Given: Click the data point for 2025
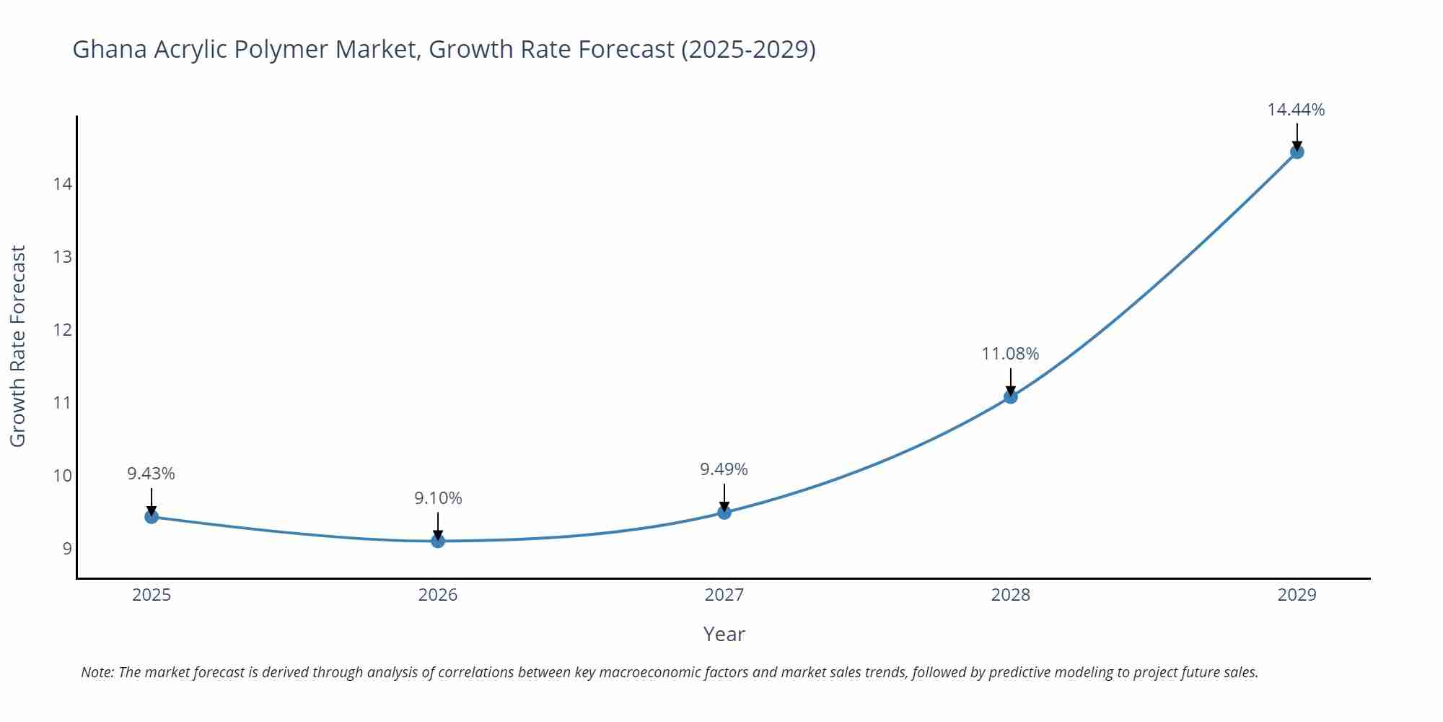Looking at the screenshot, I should coord(152,517).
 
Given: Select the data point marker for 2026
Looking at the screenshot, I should coord(438,541).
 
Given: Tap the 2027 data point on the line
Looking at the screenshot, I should coord(724,513).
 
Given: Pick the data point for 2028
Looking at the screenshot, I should coord(1010,396).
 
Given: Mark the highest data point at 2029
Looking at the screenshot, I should coord(1297,152).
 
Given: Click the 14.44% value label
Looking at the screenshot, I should coord(1296,110).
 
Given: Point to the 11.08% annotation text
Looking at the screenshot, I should coord(1010,354).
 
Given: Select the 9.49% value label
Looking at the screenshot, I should coord(724,469).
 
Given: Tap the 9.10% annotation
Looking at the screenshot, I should coord(438,498).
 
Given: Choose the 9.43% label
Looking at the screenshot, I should coord(151,474).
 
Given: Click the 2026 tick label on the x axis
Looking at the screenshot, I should coord(438,595).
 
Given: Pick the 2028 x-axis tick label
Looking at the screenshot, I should coord(1010,595).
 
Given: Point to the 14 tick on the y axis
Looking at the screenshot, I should coord(63,184).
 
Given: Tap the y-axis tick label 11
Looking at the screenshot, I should coord(63,403).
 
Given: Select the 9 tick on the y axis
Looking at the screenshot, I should coord(67,548).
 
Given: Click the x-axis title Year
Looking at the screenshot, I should coord(724,634).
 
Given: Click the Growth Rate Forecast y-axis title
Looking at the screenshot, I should coord(18,346).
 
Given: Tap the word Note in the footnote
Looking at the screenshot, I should coord(97,672).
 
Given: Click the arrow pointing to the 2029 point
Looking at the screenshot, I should coord(1297,136).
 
